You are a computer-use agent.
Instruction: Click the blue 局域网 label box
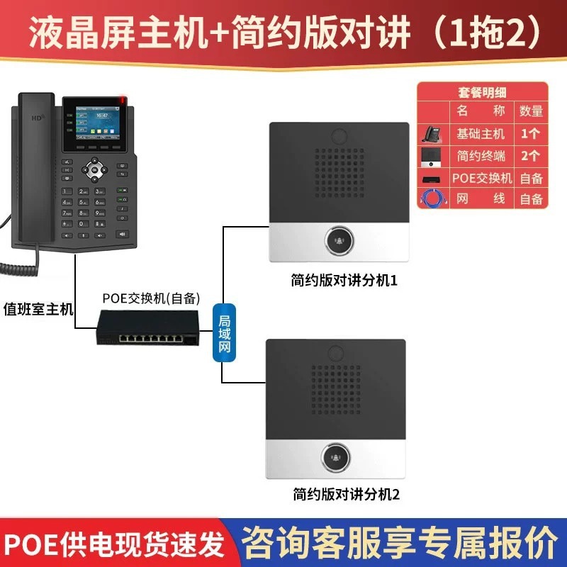(x=223, y=334)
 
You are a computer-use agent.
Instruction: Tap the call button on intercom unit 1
(x=337, y=241)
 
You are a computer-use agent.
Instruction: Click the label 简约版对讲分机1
(x=344, y=281)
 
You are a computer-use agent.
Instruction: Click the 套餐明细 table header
(x=482, y=91)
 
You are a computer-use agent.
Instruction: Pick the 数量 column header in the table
(x=531, y=111)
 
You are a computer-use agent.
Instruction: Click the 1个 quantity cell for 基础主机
(x=531, y=133)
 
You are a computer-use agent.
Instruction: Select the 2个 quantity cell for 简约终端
(x=531, y=155)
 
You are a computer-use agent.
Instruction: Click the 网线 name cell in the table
(x=482, y=199)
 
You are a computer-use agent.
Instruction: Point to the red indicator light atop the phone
(x=125, y=100)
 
